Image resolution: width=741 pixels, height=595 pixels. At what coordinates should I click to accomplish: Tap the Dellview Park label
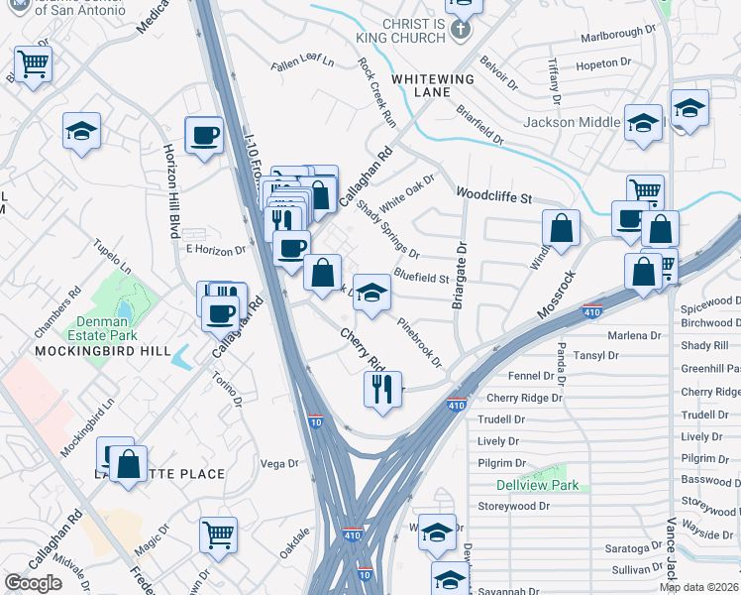pos(537,486)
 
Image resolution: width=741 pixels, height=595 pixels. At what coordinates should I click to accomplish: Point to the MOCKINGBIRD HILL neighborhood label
pos(103,351)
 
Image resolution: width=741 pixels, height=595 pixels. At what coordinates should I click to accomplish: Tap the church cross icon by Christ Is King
pos(458,30)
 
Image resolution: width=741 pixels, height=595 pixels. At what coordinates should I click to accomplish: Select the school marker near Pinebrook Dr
pos(371,293)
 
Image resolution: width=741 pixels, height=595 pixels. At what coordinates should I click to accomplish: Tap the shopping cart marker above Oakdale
pos(218,535)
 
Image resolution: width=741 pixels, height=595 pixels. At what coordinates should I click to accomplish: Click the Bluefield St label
pos(421,278)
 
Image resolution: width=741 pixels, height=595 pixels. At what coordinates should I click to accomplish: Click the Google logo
pos(33,582)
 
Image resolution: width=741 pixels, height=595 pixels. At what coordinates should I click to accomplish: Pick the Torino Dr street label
pos(227,386)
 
